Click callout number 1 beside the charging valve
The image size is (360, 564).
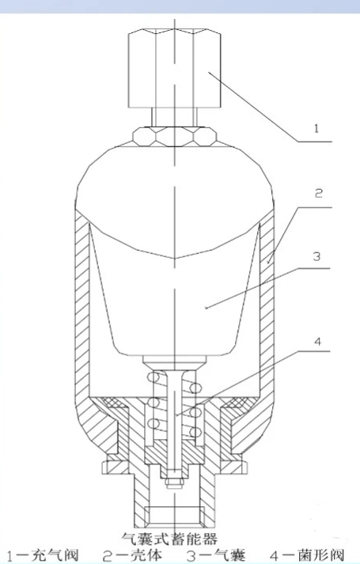click(x=316, y=128)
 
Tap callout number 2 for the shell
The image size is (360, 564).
click(x=319, y=194)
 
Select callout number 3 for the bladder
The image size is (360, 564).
click(x=316, y=257)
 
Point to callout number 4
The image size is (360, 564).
click(x=317, y=342)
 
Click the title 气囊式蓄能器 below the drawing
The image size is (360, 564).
click(x=170, y=539)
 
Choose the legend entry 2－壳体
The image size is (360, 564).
click(x=132, y=555)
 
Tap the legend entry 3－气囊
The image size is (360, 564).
click(x=216, y=555)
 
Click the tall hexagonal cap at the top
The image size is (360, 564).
click(x=174, y=70)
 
